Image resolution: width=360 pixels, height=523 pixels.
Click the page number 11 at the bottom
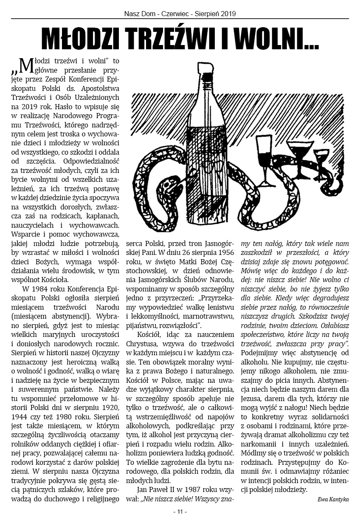point(180,512)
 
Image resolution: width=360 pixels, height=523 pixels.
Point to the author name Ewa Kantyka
point(333,499)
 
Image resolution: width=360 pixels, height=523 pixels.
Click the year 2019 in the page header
point(228,14)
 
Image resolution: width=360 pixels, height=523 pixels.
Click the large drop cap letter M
point(26,65)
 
